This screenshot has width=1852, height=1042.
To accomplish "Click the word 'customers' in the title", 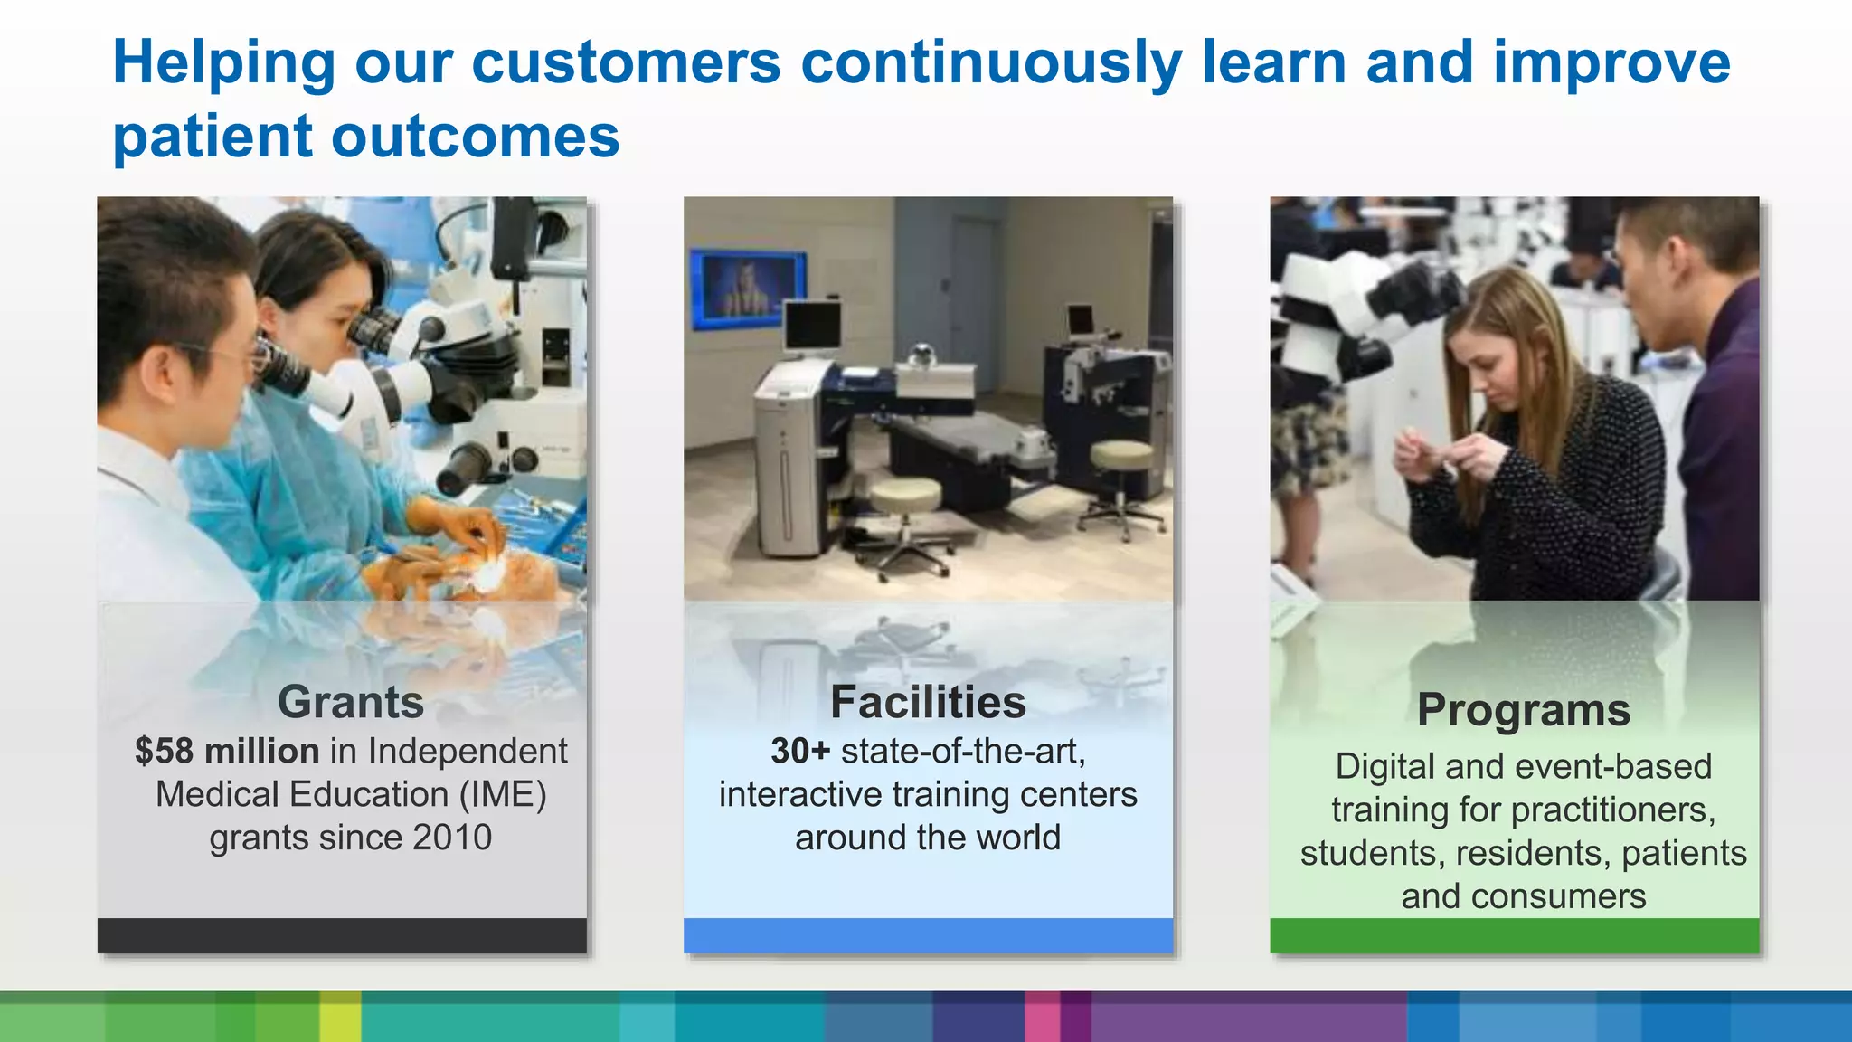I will tap(626, 63).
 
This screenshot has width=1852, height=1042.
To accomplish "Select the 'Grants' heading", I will tap(350, 702).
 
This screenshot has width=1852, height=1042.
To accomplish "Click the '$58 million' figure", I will tap(227, 751).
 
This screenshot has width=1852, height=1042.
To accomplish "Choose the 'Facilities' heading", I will tap(928, 702).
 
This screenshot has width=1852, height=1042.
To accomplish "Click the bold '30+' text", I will tap(800, 751).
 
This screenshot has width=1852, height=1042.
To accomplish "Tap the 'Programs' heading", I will tap(1523, 709).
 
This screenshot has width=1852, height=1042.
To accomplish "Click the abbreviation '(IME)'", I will tap(503, 794).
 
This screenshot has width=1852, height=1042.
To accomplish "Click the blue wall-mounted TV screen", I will tap(747, 288).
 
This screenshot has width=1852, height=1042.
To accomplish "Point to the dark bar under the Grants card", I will tap(342, 935).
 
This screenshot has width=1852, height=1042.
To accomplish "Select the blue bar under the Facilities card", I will tap(928, 935).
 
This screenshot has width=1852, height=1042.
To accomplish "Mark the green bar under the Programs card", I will tap(1514, 935).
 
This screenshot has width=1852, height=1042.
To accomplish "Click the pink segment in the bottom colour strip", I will tap(1042, 1017).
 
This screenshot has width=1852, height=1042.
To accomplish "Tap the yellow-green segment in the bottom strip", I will tap(340, 1017).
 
